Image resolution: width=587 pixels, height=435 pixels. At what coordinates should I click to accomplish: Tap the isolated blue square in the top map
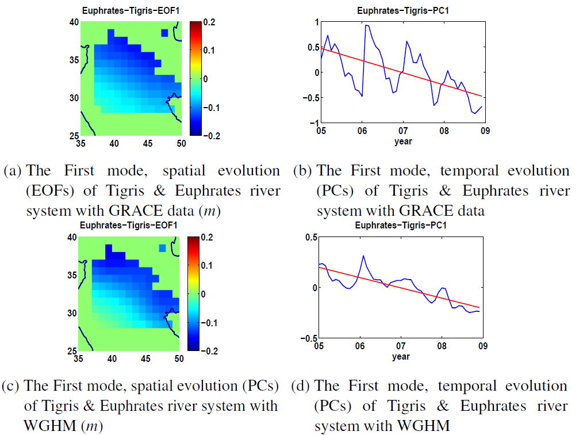(x=165, y=33)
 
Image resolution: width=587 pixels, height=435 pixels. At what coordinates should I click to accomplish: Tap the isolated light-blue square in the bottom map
(x=163, y=248)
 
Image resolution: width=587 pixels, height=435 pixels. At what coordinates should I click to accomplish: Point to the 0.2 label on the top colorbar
(x=210, y=22)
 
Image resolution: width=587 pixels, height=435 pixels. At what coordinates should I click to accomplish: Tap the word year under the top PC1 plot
(x=402, y=140)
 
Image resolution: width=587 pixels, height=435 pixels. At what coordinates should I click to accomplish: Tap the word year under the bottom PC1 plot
(x=401, y=357)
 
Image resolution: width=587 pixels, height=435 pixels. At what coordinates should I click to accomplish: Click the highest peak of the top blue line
(x=366, y=25)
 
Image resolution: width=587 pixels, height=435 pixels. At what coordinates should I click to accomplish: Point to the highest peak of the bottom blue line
(x=363, y=256)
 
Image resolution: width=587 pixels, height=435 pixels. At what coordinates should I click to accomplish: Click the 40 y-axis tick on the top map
(x=74, y=22)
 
